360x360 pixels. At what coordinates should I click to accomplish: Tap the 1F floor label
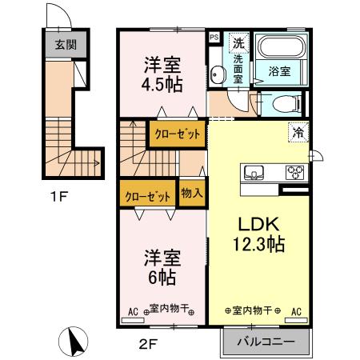(x=55, y=194)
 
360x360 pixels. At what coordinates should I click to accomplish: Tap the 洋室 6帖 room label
(x=162, y=267)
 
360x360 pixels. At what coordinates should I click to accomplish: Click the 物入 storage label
(x=190, y=194)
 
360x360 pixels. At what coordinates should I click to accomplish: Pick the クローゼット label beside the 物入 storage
(x=147, y=194)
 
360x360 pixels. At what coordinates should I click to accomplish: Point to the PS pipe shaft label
(x=214, y=37)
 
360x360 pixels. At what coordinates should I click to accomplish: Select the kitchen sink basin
(x=255, y=172)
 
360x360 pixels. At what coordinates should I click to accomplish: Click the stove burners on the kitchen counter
(x=295, y=172)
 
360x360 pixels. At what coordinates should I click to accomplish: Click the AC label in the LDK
(x=296, y=311)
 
